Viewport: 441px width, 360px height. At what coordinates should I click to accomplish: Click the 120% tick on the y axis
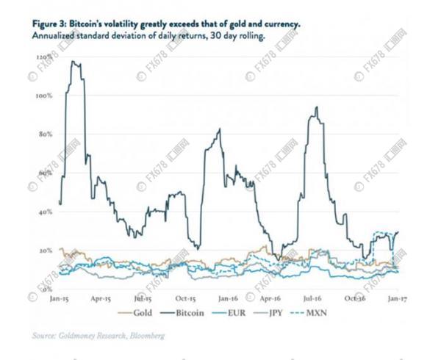point(43,57)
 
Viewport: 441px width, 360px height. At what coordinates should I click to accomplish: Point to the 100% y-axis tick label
point(43,96)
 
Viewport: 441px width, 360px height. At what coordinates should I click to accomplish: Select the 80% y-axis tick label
point(45,134)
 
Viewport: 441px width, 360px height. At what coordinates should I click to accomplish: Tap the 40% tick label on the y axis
point(45,212)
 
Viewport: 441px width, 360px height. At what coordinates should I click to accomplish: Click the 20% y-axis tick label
point(45,251)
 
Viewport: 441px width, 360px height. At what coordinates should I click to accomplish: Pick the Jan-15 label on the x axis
point(59,299)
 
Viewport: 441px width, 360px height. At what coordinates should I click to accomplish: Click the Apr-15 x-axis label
point(101,299)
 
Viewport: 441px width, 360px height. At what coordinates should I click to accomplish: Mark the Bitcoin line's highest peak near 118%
point(72,62)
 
